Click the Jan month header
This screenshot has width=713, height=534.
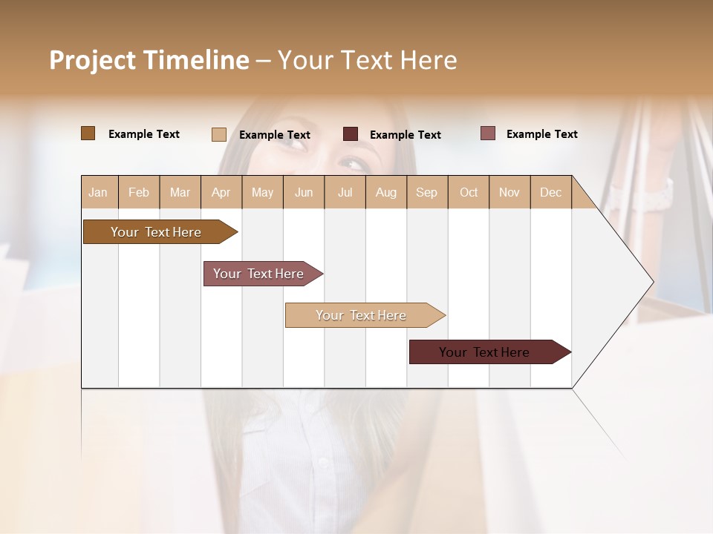(99, 192)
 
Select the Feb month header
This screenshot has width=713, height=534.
(139, 192)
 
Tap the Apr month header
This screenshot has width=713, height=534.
(221, 192)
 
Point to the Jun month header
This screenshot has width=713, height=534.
(304, 192)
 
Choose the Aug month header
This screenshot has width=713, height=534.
(386, 192)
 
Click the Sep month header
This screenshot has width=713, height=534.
(427, 192)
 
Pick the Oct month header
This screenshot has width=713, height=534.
(469, 192)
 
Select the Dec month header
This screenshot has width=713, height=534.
(551, 192)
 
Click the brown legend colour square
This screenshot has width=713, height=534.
(88, 133)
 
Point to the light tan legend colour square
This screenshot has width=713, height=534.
(219, 134)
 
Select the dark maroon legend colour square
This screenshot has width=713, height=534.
(351, 134)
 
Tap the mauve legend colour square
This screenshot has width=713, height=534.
(488, 133)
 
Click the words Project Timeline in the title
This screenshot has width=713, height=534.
(149, 60)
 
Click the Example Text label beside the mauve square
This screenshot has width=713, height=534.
(541, 134)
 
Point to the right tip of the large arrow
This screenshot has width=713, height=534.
(652, 282)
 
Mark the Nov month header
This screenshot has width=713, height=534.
(509, 192)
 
